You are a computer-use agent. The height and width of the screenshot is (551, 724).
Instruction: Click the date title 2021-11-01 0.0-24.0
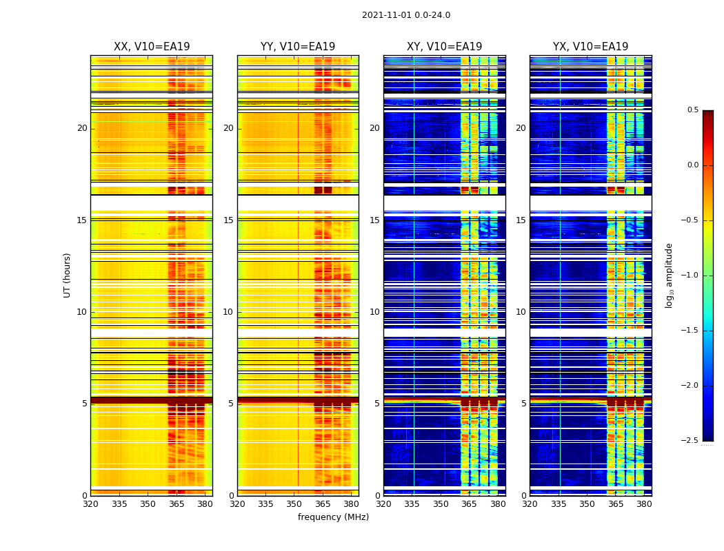(x=406, y=15)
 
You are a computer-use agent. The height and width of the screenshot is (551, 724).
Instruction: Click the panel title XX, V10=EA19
(x=152, y=47)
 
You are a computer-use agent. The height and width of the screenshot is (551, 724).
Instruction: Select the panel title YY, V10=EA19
(x=298, y=47)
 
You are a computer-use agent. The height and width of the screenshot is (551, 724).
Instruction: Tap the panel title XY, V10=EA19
(x=444, y=47)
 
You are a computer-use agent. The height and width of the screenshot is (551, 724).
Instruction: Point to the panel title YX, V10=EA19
(x=590, y=47)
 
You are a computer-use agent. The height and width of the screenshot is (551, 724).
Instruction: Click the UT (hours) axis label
(x=67, y=275)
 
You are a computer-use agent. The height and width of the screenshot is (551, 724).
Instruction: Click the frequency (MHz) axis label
(x=333, y=517)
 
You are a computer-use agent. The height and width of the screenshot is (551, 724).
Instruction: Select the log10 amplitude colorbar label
(x=669, y=275)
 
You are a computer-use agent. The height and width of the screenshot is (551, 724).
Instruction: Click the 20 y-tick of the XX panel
(x=82, y=128)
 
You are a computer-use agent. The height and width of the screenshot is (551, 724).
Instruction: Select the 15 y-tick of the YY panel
(x=228, y=220)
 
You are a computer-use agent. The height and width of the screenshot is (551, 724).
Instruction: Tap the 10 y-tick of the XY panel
(x=374, y=312)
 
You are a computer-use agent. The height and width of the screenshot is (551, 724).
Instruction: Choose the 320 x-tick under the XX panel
(x=90, y=503)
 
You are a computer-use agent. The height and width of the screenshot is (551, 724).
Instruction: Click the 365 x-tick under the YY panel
(x=323, y=503)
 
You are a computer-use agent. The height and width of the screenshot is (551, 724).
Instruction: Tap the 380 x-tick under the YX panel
(x=644, y=503)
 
